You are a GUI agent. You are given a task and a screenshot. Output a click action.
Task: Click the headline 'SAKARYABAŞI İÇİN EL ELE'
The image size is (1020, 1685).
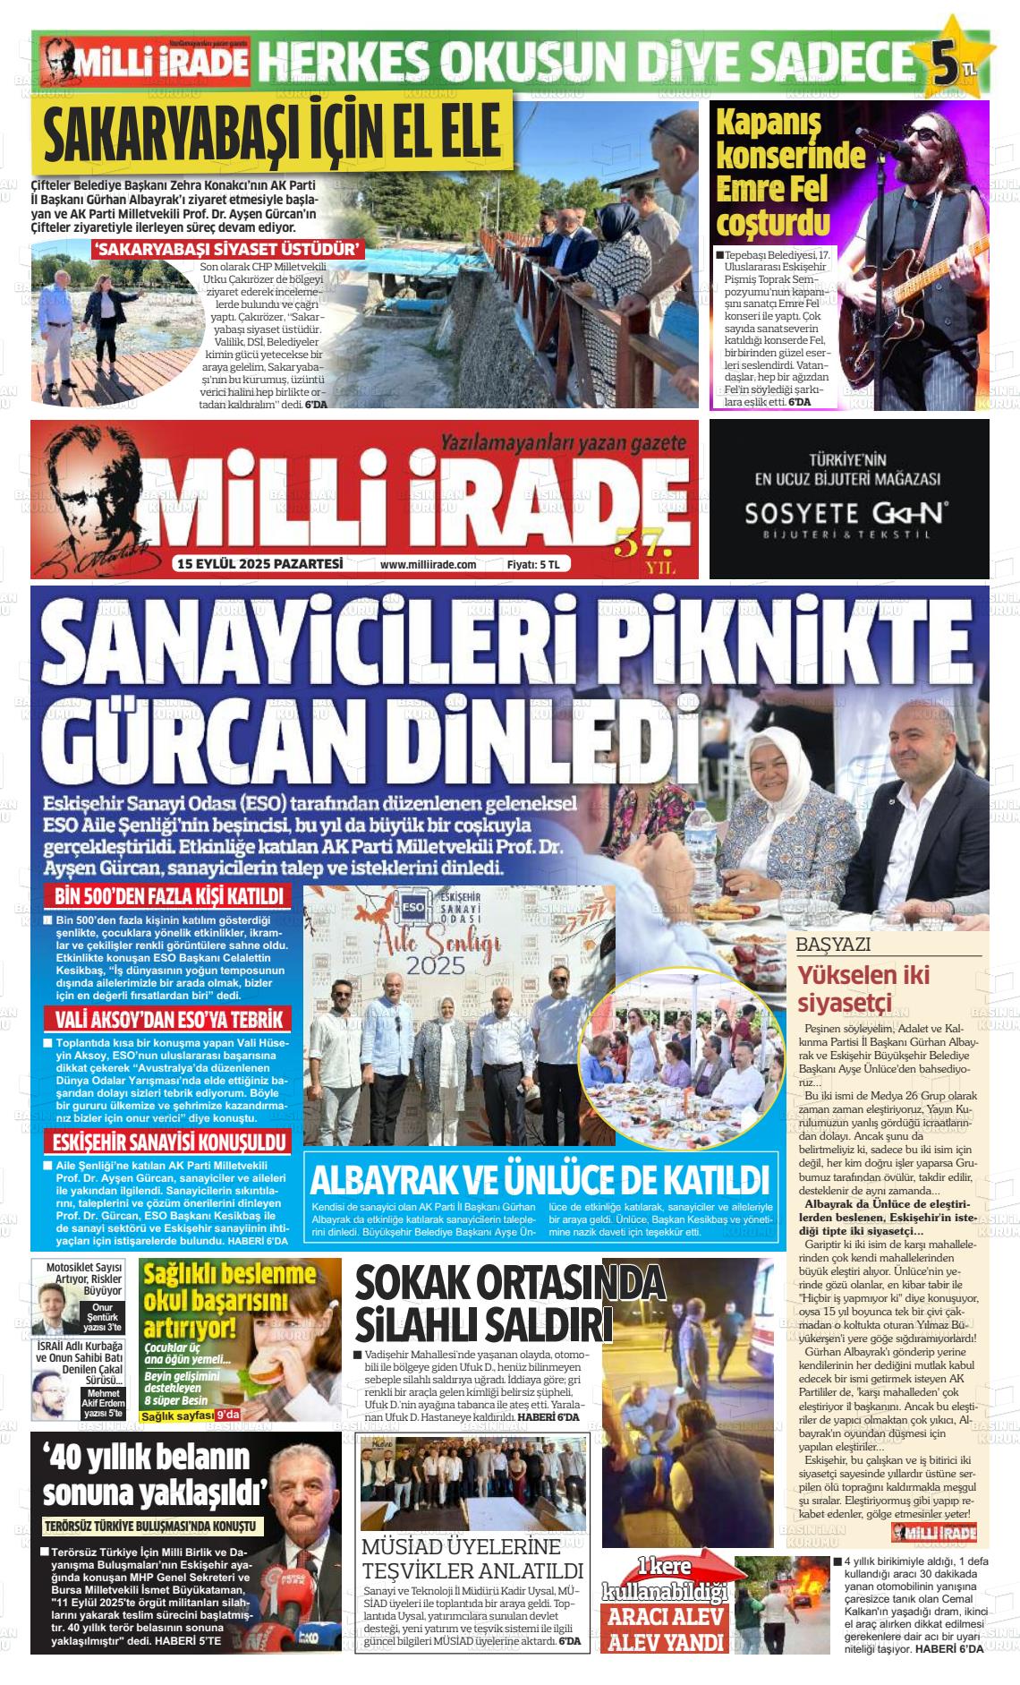272,133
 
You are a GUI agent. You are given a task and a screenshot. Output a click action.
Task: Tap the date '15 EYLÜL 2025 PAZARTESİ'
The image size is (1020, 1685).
260,564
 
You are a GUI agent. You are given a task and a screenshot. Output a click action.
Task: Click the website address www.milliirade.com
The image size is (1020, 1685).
428,565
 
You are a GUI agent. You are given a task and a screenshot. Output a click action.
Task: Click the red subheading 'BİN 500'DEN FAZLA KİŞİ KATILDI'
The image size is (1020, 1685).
168,896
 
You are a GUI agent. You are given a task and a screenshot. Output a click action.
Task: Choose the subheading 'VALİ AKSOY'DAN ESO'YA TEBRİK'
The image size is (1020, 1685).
168,1019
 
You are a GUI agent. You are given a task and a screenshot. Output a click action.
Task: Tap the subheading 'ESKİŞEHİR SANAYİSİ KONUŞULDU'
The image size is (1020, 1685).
168,1142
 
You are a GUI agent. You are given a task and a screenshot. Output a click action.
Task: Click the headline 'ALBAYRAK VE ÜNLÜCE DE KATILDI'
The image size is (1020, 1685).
539,1180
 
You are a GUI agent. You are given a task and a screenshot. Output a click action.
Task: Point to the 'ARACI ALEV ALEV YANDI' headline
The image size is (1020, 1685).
666,1628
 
